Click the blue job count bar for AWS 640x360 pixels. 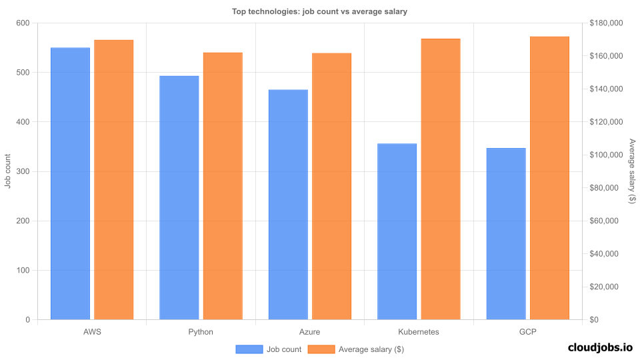coord(70,183)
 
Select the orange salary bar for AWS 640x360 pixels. coord(113,179)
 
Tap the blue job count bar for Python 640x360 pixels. coord(179,197)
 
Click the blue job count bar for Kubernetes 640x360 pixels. coord(397,231)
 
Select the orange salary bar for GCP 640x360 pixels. coord(549,178)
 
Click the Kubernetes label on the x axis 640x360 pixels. coord(419,331)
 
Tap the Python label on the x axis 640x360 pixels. coord(201,331)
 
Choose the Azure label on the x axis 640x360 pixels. coord(309,331)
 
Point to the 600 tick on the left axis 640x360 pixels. coord(23,23)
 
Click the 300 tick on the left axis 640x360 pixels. coord(23,171)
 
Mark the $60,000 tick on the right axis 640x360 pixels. coord(608,221)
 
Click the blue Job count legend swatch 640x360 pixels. coord(249,349)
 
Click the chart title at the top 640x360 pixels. coord(319,11)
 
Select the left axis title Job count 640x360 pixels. coord(8,171)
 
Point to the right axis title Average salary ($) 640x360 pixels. coord(632,171)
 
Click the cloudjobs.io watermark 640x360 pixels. coord(599,347)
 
